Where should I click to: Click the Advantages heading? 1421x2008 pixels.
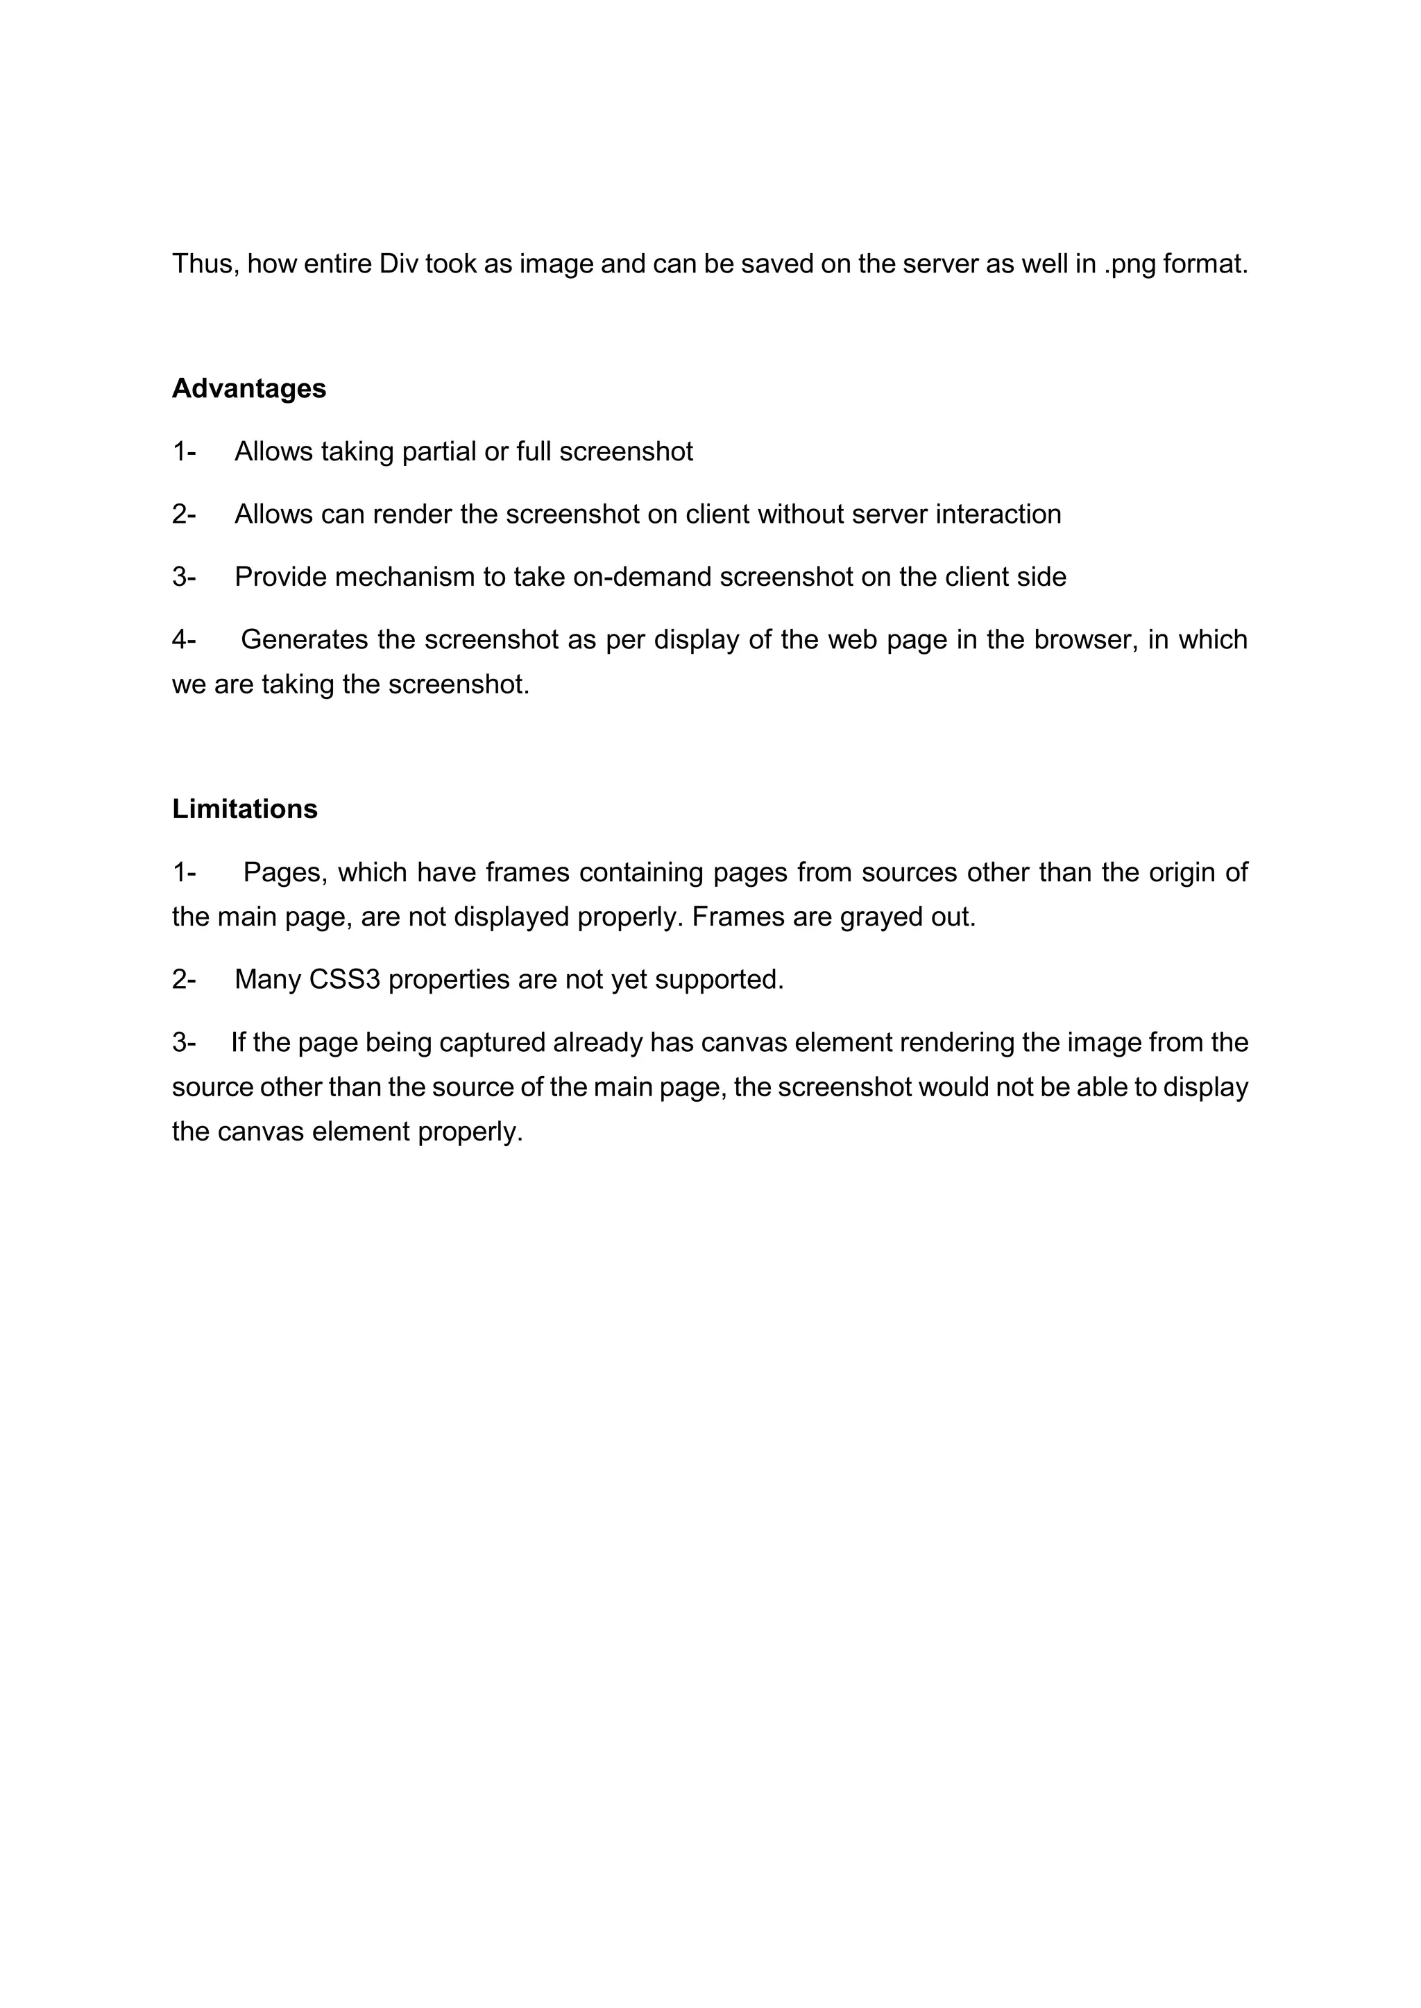point(248,388)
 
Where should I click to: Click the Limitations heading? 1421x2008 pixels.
point(244,809)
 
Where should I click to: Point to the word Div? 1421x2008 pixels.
point(399,263)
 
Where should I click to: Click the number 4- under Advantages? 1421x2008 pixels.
point(184,640)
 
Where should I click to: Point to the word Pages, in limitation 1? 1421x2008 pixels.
point(285,872)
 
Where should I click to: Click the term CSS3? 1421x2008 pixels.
point(345,980)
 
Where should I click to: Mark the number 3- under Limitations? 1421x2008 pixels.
point(184,1042)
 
